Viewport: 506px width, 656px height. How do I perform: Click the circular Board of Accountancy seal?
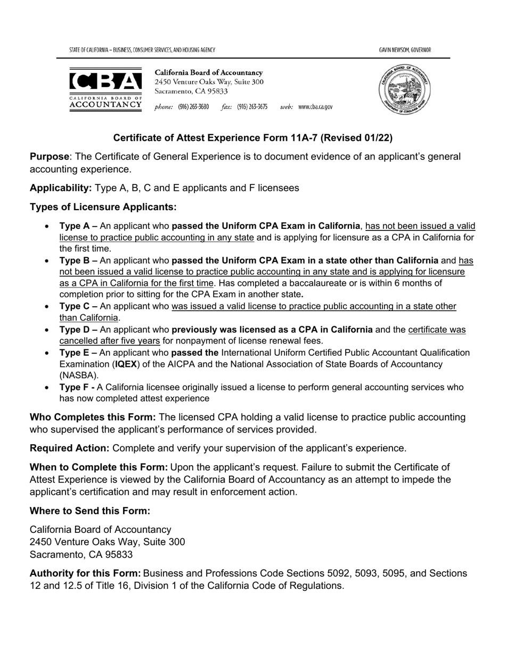(x=404, y=88)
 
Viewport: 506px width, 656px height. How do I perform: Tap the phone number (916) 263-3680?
(x=193, y=107)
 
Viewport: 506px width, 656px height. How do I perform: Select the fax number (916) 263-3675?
(x=252, y=107)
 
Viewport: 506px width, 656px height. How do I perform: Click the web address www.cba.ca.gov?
(x=315, y=107)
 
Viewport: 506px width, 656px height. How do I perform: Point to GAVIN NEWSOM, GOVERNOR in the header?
(x=405, y=50)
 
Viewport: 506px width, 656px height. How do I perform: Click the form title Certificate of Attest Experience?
(x=252, y=138)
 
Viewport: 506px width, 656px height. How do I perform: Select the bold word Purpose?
(x=49, y=157)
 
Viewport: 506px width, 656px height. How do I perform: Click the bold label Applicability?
(x=61, y=188)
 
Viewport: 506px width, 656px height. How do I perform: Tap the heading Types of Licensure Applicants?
(x=103, y=206)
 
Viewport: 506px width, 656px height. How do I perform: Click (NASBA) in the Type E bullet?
(x=79, y=375)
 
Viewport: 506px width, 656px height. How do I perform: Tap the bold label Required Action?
(x=70, y=447)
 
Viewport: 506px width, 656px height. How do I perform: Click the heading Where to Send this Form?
(x=89, y=510)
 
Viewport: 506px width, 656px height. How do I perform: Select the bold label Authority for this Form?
(x=85, y=573)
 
